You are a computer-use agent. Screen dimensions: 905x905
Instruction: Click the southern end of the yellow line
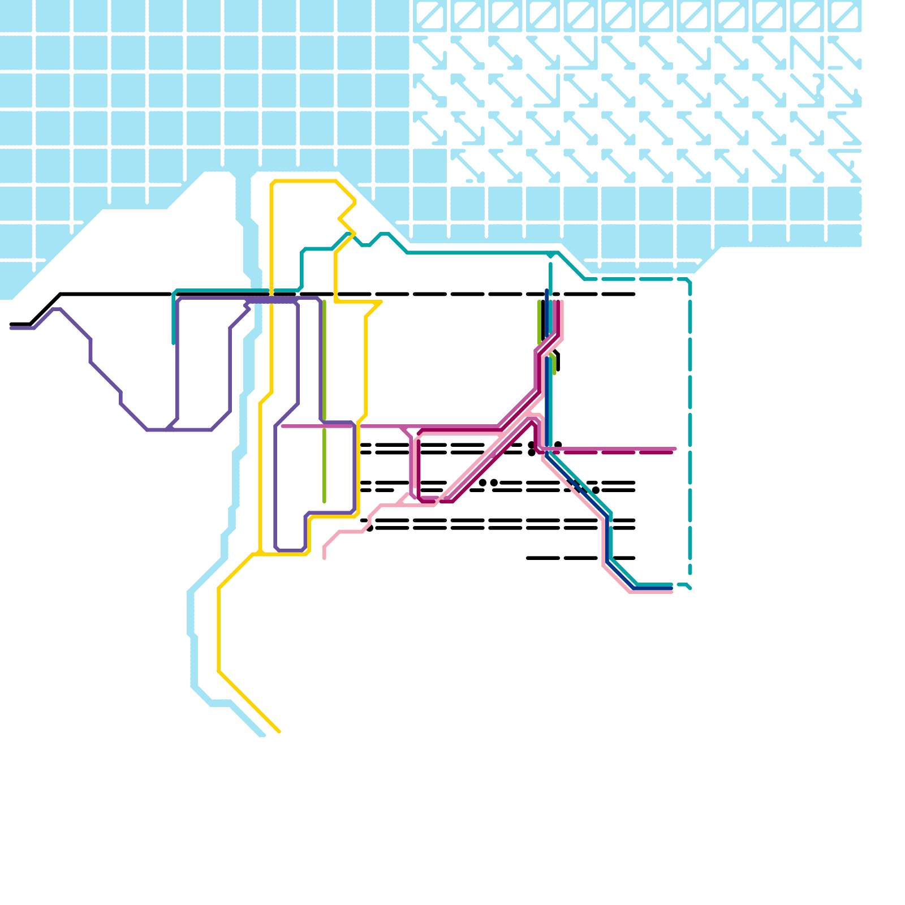tap(279, 732)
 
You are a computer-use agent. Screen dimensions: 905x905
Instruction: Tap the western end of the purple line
tap(11, 328)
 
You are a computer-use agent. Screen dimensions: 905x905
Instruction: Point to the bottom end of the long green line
tap(324, 501)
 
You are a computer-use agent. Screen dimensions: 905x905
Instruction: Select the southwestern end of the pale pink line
tap(324, 558)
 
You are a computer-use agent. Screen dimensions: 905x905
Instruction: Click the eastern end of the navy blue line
tap(671, 589)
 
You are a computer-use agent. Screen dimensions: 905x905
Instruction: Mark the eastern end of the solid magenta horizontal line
tap(675, 449)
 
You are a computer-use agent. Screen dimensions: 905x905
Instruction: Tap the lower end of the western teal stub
tap(174, 343)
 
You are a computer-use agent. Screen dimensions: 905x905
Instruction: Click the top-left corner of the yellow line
tap(273, 182)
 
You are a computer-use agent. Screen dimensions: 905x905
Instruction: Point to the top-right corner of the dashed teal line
tap(689, 281)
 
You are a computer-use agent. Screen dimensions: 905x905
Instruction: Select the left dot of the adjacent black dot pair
tap(482, 482)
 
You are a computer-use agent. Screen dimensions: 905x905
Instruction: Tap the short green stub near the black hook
tap(554, 365)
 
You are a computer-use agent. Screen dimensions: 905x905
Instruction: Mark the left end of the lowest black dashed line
tap(528, 558)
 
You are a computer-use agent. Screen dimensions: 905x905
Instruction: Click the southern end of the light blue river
tap(262, 735)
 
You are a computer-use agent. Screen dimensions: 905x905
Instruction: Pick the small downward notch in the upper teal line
tap(366, 245)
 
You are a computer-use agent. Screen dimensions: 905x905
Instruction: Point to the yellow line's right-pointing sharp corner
tap(381, 303)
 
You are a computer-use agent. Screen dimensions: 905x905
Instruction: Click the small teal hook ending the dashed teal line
tap(688, 587)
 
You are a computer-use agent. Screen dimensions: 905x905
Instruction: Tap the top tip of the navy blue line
tap(546, 291)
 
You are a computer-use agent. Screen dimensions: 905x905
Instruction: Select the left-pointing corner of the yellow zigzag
tap(339, 219)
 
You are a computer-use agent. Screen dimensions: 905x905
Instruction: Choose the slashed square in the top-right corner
tap(844, 15)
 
